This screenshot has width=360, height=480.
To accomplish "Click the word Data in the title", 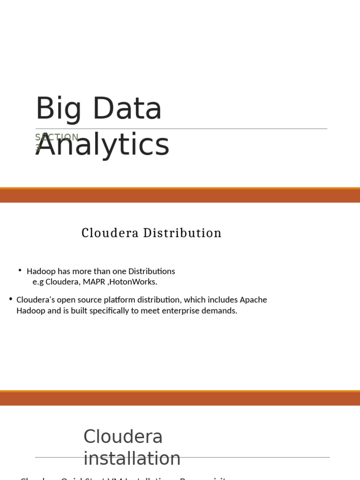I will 127,108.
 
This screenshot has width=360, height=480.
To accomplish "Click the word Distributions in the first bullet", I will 151,271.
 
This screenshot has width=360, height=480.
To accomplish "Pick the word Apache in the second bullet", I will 253,300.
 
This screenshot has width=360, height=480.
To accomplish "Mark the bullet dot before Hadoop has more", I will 20,270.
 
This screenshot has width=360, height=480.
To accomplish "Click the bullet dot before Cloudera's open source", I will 10,299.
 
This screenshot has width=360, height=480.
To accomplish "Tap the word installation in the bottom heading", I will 132,458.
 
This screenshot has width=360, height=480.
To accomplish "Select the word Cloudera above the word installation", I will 123,437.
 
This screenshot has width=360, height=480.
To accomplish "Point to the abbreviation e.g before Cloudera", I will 38,282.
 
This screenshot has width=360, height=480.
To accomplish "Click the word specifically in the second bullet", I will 110,311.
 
